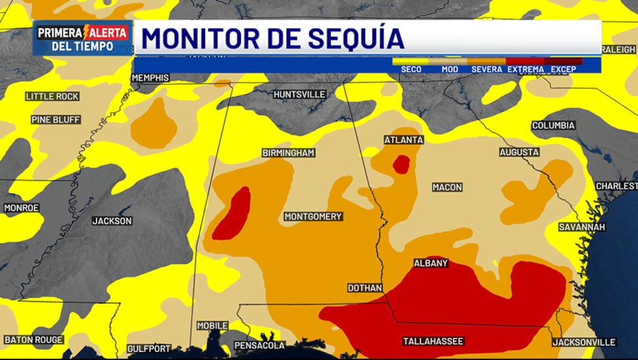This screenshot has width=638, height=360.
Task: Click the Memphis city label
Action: [150, 78]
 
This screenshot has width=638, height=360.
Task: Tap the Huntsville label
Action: [299, 94]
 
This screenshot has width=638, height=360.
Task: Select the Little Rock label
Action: [52, 96]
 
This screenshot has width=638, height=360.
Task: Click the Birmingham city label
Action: [288, 153]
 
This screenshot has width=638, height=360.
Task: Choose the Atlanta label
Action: [404, 140]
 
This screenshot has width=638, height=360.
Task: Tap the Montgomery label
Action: [312, 216]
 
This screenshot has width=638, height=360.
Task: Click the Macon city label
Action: [447, 187]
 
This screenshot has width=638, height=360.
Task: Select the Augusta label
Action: [519, 152]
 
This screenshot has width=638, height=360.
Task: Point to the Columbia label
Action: [553, 126]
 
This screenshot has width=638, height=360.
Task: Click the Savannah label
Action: [582, 227]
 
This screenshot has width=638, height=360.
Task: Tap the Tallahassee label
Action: [433, 341]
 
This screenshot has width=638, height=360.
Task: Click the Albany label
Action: [431, 264]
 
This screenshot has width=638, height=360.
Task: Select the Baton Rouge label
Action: [34, 340]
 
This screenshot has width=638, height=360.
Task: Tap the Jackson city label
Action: [112, 221]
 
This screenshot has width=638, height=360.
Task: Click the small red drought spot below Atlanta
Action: [401, 164]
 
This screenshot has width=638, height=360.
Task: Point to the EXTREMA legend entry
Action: [525, 69]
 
